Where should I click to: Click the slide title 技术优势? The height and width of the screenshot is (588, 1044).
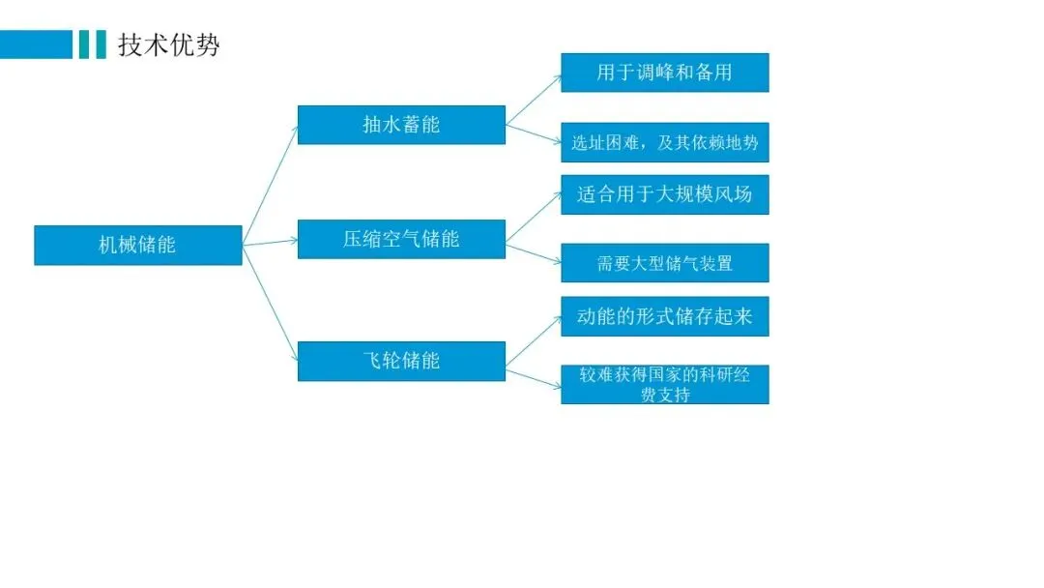coord(169,44)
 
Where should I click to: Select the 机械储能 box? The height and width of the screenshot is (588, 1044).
coord(137,245)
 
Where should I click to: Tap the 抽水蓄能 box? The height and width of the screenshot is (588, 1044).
coord(401,125)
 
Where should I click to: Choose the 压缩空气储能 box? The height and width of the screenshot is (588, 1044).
coord(401,239)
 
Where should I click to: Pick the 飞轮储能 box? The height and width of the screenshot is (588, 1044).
coord(401,361)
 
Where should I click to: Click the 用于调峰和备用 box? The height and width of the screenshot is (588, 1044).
coord(664,73)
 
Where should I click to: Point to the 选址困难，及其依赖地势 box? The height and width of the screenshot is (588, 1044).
coord(664,142)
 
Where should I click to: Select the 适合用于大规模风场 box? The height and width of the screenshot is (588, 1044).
coord(664,194)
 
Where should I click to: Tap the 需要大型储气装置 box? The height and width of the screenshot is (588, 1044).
coord(664,263)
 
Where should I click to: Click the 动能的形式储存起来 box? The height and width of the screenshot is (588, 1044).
coord(664,316)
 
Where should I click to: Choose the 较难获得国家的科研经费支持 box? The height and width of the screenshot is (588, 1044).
coord(664,384)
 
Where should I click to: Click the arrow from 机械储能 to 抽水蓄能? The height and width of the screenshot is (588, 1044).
coord(271,185)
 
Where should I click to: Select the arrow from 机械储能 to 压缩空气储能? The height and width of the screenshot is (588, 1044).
coord(270,242)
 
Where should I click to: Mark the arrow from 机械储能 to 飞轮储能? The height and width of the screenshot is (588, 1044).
coord(270,302)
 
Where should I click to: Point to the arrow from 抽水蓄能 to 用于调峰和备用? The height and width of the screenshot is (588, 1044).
coord(534,99)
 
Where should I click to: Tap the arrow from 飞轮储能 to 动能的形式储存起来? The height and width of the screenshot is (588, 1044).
coord(534,338)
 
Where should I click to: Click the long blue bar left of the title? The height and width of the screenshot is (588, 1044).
coord(36,44)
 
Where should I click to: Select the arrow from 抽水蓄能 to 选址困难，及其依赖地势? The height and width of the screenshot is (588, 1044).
coord(534,133)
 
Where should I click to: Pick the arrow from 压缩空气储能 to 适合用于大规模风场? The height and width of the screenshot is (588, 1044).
coord(534,217)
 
